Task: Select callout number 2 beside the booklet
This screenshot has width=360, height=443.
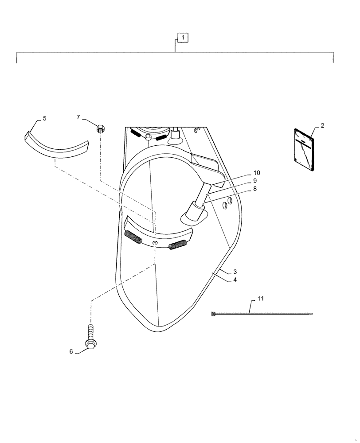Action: [x=322, y=125]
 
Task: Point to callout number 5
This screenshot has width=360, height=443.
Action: [x=44, y=119]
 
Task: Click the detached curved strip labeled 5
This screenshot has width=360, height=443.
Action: [x=55, y=144]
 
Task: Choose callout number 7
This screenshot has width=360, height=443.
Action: [x=78, y=117]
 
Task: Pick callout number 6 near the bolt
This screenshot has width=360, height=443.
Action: [x=71, y=352]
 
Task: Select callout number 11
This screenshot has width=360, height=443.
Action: [x=260, y=299]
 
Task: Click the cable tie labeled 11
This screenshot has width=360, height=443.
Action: [x=262, y=314]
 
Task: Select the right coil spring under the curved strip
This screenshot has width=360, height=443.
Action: [x=178, y=245]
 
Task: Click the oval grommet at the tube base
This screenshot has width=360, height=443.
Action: [x=194, y=217]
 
